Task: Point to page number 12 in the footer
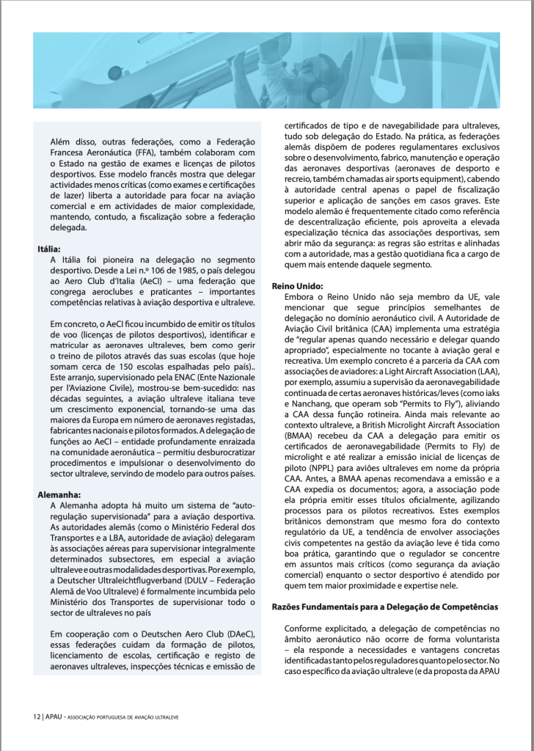point(35,716)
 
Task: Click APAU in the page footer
point(54,716)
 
